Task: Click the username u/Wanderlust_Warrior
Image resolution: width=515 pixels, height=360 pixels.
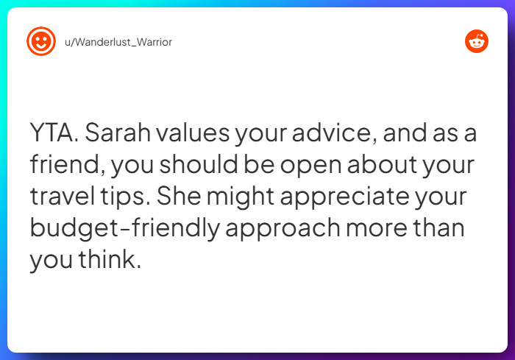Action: click(x=118, y=42)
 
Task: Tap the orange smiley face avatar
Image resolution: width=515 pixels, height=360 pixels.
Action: click(x=40, y=41)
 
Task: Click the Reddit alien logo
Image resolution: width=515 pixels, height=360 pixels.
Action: click(x=477, y=41)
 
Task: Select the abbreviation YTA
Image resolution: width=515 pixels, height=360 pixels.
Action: click(x=54, y=135)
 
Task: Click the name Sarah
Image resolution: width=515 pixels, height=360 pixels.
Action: click(x=119, y=135)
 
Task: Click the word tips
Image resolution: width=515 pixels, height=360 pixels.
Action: click(x=130, y=197)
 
